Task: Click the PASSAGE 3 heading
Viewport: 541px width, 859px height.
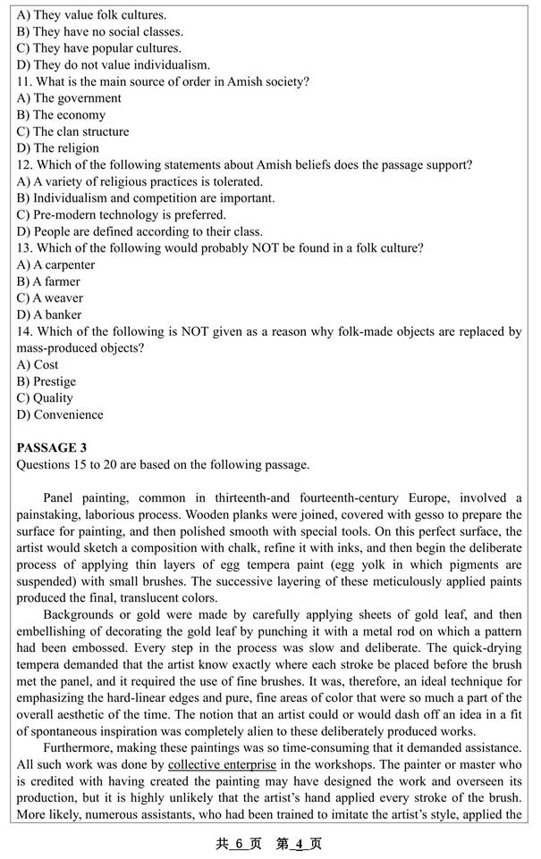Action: [x=51, y=447]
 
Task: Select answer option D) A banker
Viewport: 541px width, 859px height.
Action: [x=49, y=314]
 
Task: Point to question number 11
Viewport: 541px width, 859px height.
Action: [x=23, y=81]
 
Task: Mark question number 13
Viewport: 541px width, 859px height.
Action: [x=23, y=247]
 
